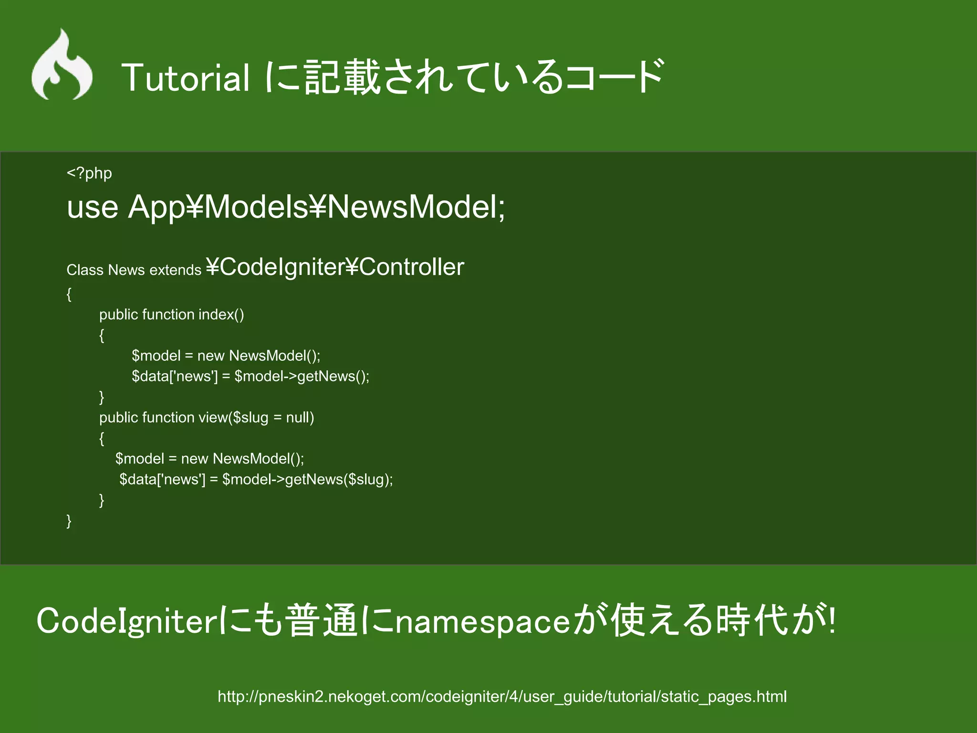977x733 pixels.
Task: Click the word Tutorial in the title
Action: [186, 77]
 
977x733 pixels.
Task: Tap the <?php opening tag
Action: [89, 173]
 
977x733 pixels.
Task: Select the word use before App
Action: [93, 207]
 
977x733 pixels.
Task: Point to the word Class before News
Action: [85, 270]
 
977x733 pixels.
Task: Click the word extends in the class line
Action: [175, 270]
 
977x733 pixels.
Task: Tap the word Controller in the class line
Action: [411, 267]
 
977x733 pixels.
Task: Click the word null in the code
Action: [300, 418]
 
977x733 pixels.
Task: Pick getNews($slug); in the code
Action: [339, 479]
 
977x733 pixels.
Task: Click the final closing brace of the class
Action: [69, 521]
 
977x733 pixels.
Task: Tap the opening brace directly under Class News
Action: [69, 294]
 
